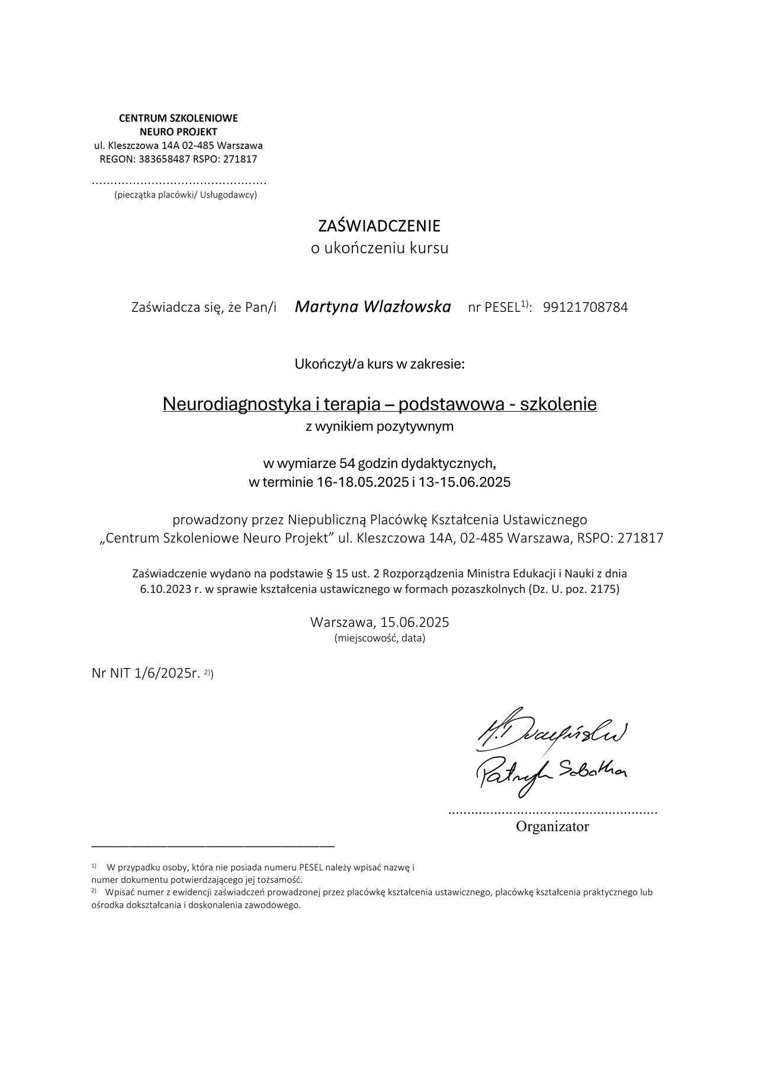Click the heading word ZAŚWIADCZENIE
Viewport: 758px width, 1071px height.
pyautogui.click(x=379, y=226)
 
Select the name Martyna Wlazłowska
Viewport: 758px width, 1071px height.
pyautogui.click(x=372, y=307)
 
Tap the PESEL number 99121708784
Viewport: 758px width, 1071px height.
pyautogui.click(x=585, y=308)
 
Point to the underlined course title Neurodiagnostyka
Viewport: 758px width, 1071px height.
pyautogui.click(x=231, y=404)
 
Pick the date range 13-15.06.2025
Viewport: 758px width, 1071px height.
pyautogui.click(x=464, y=482)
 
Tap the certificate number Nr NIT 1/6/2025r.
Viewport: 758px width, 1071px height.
pyautogui.click(x=146, y=673)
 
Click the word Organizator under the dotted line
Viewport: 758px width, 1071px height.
pyautogui.click(x=552, y=827)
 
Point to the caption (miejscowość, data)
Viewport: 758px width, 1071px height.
pyautogui.click(x=380, y=638)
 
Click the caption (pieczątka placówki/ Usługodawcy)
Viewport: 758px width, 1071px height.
pyautogui.click(x=185, y=194)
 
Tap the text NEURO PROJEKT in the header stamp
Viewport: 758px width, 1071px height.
pyautogui.click(x=178, y=131)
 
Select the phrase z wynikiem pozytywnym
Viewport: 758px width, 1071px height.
pyautogui.click(x=380, y=427)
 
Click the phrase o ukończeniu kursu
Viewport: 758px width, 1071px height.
pyautogui.click(x=380, y=248)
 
